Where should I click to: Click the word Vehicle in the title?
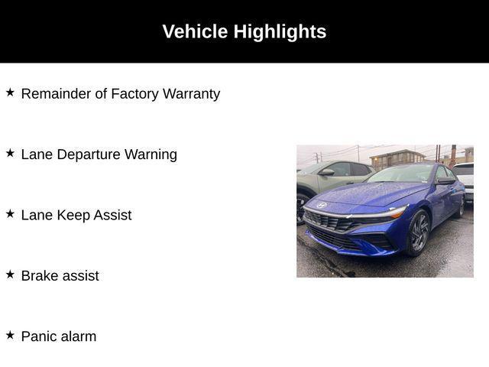195,31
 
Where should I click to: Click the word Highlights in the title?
280,32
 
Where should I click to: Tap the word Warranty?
191,94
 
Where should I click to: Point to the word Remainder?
56,93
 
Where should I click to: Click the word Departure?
89,154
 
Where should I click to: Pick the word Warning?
151,154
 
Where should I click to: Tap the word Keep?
73,216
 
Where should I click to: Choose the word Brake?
40,276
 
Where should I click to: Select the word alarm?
79,336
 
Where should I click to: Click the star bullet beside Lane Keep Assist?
10,214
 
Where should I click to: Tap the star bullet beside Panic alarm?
10,335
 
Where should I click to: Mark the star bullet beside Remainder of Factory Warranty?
10,93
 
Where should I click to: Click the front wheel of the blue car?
419,232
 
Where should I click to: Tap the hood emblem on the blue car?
322,206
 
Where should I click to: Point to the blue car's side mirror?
445,180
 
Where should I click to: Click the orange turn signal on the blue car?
398,214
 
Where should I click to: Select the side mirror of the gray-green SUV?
326,172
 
